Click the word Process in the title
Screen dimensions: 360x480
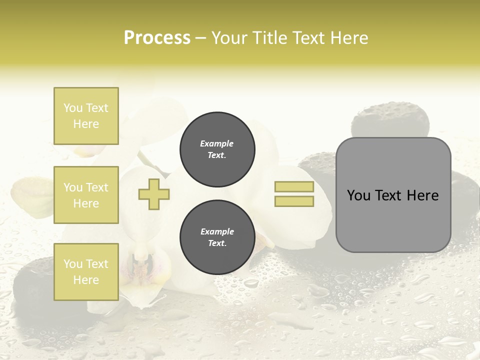click(157, 38)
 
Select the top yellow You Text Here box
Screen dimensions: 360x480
click(86, 116)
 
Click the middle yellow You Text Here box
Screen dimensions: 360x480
click(86, 195)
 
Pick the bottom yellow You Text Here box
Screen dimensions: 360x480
click(86, 272)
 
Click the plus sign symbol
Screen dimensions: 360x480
click(154, 194)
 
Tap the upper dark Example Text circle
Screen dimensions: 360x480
click(217, 149)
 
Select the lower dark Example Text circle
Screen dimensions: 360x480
click(217, 237)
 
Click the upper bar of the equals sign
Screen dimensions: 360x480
click(294, 187)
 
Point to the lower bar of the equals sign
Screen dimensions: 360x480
click(294, 201)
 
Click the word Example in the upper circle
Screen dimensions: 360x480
click(217, 143)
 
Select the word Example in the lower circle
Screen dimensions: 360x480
click(217, 231)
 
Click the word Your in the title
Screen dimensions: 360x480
click(230, 38)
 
